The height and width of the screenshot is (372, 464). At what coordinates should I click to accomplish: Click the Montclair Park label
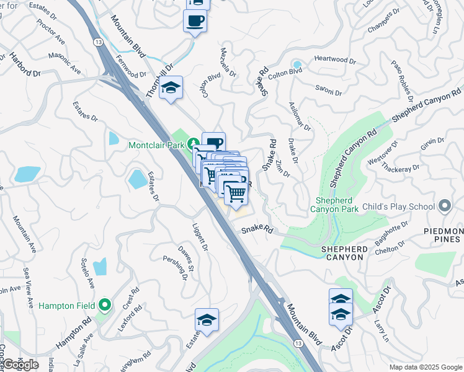tap(158, 145)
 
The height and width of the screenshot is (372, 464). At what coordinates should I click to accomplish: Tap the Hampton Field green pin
tap(104, 304)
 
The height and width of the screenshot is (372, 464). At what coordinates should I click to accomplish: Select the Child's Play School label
tap(399, 205)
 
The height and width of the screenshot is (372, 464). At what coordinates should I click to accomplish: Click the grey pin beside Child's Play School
tap(444, 205)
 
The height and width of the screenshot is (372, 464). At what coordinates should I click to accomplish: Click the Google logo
tap(21, 365)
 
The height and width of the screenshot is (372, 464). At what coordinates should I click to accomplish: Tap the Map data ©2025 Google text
tap(426, 367)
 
